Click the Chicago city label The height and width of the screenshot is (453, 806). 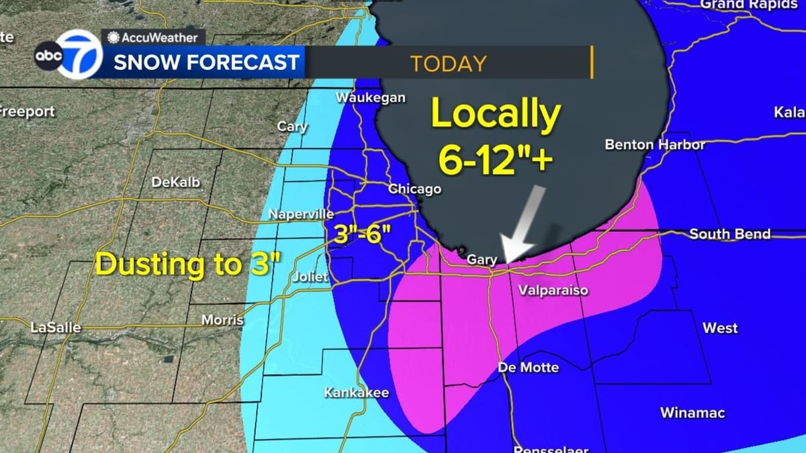[x=414, y=189]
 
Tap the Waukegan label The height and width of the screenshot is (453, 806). [x=371, y=98]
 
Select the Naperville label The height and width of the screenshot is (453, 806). [x=301, y=215]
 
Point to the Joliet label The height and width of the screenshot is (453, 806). [x=310, y=277]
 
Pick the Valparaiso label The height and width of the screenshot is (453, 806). [x=553, y=291]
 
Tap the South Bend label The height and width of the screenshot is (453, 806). [x=729, y=235]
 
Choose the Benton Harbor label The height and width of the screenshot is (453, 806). [x=655, y=145]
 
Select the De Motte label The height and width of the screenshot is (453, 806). [x=528, y=368]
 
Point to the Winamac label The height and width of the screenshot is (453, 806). [x=692, y=413]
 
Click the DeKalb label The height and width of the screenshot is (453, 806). [x=176, y=183]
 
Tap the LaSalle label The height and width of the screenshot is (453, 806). [x=56, y=328]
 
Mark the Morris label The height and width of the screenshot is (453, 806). [x=222, y=320]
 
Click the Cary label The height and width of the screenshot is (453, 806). [x=292, y=127]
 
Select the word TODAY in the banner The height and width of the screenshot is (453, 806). [x=448, y=64]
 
